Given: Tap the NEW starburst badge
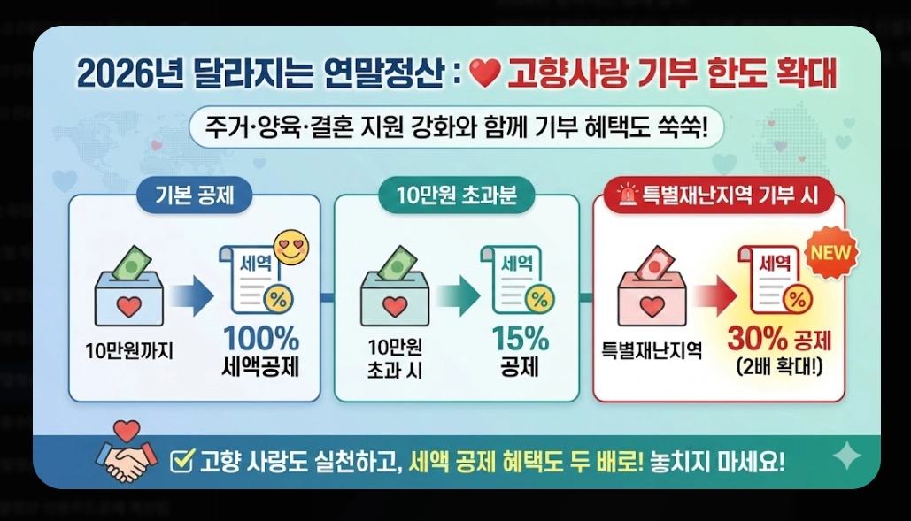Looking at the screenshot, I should [830, 254].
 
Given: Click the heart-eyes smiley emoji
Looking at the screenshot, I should [292, 247].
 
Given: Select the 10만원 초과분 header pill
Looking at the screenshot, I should [457, 196].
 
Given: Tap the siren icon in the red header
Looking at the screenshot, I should [629, 195].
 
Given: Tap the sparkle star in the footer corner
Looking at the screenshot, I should [847, 456].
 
